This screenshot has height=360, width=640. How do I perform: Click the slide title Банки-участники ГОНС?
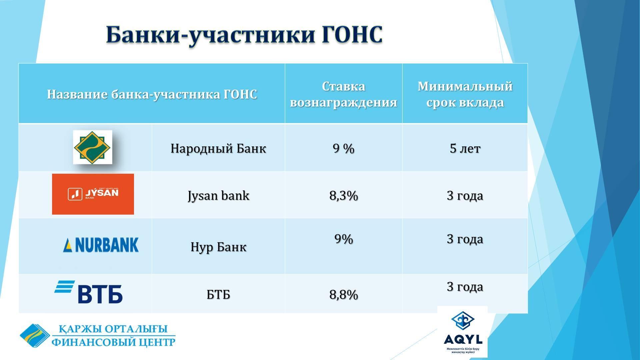tap(244, 35)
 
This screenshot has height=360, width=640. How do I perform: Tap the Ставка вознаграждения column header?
tap(343, 94)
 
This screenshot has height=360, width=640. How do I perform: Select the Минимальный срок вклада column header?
tap(465, 94)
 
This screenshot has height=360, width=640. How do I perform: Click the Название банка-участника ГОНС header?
tap(152, 94)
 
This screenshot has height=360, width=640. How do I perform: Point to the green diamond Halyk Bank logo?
tap(93, 147)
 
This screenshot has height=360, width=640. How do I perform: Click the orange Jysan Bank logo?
tap(93, 194)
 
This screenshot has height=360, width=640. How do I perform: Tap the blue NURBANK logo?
tap(101, 245)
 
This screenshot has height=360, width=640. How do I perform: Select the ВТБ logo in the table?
tap(89, 292)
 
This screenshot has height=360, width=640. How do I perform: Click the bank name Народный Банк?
tap(218, 148)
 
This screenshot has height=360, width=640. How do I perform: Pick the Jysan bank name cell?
tap(218, 196)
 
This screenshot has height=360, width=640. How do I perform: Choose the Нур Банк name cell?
tap(218, 247)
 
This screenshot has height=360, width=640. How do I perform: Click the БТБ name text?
tap(218, 295)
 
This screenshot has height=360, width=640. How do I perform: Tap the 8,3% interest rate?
tap(344, 196)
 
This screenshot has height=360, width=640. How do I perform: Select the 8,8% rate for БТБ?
tap(344, 295)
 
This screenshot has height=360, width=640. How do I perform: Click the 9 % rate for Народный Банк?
tap(344, 148)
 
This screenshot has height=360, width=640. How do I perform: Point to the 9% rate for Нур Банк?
tap(344, 239)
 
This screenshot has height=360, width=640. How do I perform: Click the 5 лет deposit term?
tap(465, 148)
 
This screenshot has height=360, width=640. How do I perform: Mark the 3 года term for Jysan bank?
tap(465, 196)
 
